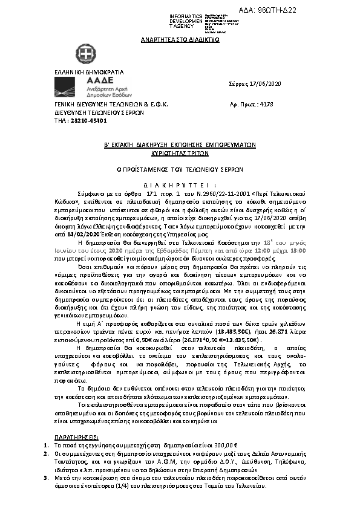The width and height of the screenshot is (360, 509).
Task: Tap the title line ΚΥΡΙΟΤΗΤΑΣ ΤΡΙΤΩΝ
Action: [x=179, y=154]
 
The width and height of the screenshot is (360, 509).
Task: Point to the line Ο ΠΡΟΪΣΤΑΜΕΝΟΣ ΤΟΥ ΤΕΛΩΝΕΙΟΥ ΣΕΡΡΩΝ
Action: [x=180, y=170]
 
